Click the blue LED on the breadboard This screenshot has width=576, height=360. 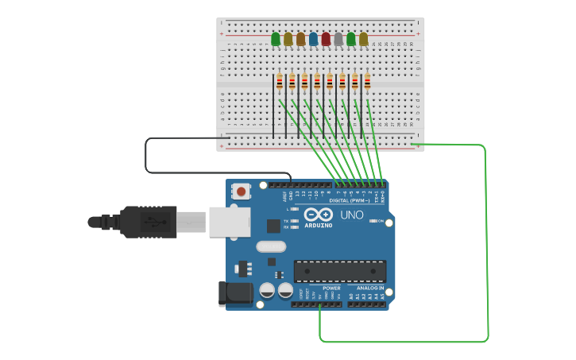[313, 39]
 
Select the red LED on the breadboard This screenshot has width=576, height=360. [326, 39]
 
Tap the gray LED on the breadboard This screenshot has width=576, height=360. [338, 39]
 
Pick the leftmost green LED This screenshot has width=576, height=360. [276, 39]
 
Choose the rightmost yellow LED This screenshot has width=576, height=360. [363, 39]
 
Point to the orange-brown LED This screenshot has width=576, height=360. [300, 39]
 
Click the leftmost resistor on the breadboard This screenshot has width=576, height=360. [280, 81]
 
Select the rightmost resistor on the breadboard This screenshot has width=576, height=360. [367, 81]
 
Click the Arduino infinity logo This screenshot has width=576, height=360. [318, 215]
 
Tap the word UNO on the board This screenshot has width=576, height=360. [351, 215]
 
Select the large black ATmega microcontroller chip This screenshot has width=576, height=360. [340, 271]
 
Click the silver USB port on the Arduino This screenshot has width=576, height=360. [230, 222]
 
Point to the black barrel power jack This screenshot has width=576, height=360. [235, 293]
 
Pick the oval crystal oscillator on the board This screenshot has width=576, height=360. [271, 246]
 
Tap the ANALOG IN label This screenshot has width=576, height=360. [370, 288]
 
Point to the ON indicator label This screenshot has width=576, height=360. [381, 221]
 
